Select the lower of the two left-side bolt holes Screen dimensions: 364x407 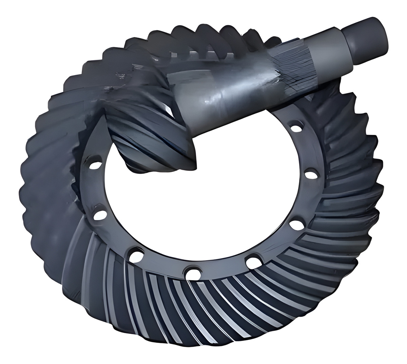click(99, 215)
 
